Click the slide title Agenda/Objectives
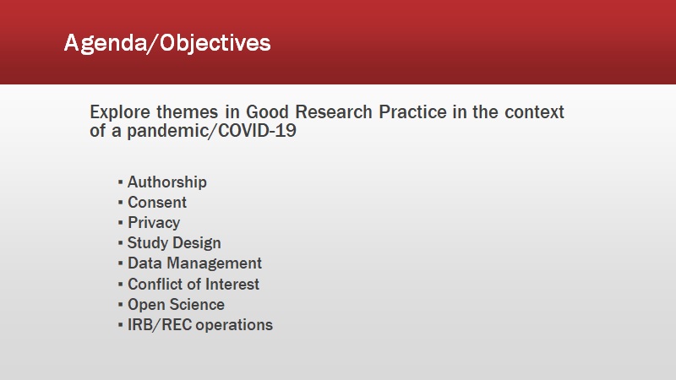pyautogui.click(x=167, y=43)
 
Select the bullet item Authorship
pyautogui.click(x=167, y=182)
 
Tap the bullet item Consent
pyautogui.click(x=157, y=202)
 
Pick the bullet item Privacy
pyautogui.click(x=154, y=223)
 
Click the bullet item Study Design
pyautogui.click(x=174, y=243)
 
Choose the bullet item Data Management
pyautogui.click(x=194, y=263)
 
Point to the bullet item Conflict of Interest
pyautogui.click(x=194, y=284)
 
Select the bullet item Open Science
pyautogui.click(x=176, y=305)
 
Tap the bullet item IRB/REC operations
pyautogui.click(x=200, y=325)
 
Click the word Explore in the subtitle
pyautogui.click(x=120, y=112)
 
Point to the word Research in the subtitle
pyautogui.click(x=334, y=112)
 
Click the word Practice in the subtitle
pyautogui.click(x=412, y=112)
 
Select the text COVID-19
pyautogui.click(x=258, y=131)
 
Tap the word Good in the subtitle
pyautogui.click(x=267, y=112)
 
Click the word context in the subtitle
pyautogui.click(x=534, y=112)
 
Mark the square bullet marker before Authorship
pyautogui.click(x=120, y=182)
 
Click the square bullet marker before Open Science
pyautogui.click(x=120, y=305)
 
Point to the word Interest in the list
pyautogui.click(x=232, y=284)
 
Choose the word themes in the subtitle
pyautogui.click(x=187, y=112)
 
